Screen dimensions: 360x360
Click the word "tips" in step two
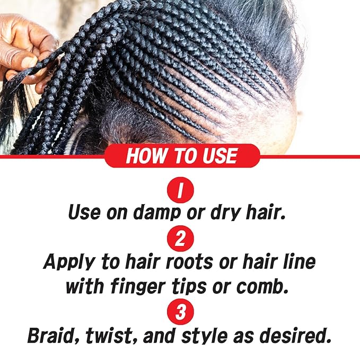coord(199,286)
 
